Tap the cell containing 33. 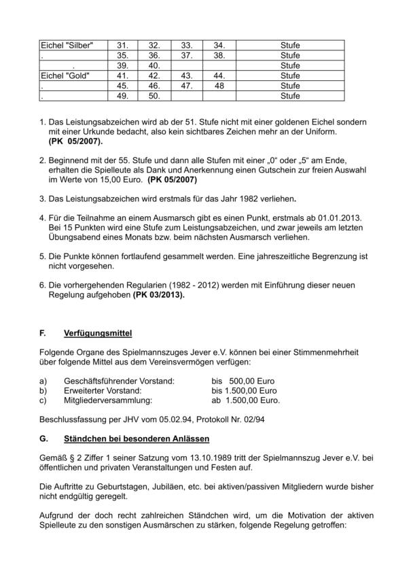tap(187, 45)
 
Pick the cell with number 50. tap(154, 96)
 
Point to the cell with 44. tap(219, 75)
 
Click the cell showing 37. tap(187, 55)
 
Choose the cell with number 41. tap(123, 75)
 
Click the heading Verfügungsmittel tap(98, 333)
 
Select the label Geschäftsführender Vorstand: tap(119, 381)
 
